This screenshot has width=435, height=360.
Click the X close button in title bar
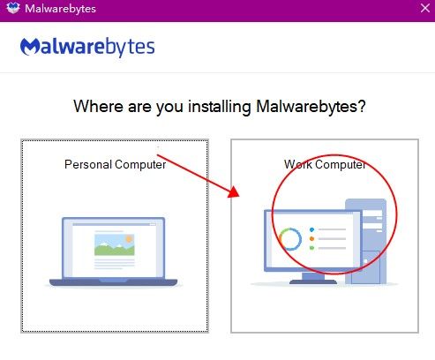(425, 8)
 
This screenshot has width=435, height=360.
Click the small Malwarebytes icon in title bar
(13, 8)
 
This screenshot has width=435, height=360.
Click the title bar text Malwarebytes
(60, 9)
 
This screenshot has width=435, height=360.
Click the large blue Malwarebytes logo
(87, 47)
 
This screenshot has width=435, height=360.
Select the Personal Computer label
(116, 164)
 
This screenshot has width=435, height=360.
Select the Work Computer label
(325, 164)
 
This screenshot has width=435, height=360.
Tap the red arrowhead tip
(239, 197)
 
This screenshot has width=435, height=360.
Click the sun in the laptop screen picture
(129, 238)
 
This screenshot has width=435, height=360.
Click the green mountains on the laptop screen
(114, 249)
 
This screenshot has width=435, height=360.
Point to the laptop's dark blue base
(113, 282)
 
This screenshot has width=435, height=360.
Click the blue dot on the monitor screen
(311, 229)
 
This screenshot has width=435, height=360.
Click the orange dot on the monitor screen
(311, 239)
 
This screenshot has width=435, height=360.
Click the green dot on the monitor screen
(311, 248)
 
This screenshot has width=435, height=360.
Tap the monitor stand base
(313, 281)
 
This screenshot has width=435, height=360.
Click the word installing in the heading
(220, 107)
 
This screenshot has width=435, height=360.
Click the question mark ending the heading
(362, 106)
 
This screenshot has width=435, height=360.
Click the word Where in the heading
(98, 106)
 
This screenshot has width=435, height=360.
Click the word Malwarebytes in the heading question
(306, 107)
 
